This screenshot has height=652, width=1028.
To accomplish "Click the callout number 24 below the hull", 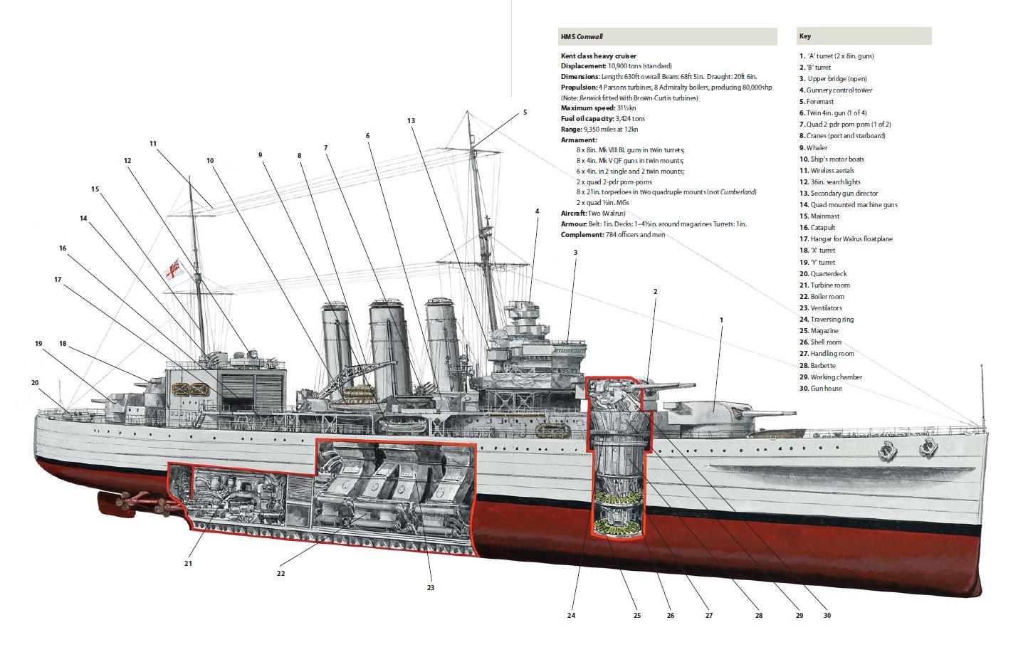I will click(571, 616).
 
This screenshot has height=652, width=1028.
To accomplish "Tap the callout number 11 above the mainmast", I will click(153, 143).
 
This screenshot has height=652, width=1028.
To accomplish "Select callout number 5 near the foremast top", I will click(525, 112).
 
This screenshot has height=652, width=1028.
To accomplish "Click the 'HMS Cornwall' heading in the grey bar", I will click(582, 36).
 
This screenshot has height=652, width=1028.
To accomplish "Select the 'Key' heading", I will click(804, 36).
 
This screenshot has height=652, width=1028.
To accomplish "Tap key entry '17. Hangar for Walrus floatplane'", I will click(845, 239).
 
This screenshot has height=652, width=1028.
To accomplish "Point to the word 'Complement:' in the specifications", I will click(580, 234).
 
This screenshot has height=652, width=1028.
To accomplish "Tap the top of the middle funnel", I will click(387, 306).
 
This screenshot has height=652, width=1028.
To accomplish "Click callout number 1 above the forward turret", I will click(721, 320).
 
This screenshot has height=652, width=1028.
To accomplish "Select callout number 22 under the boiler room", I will click(280, 573).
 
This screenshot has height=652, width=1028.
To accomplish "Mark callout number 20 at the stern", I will click(35, 382).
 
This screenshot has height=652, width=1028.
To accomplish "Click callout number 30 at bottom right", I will click(827, 616).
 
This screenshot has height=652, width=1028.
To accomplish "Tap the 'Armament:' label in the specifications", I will click(579, 140).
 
